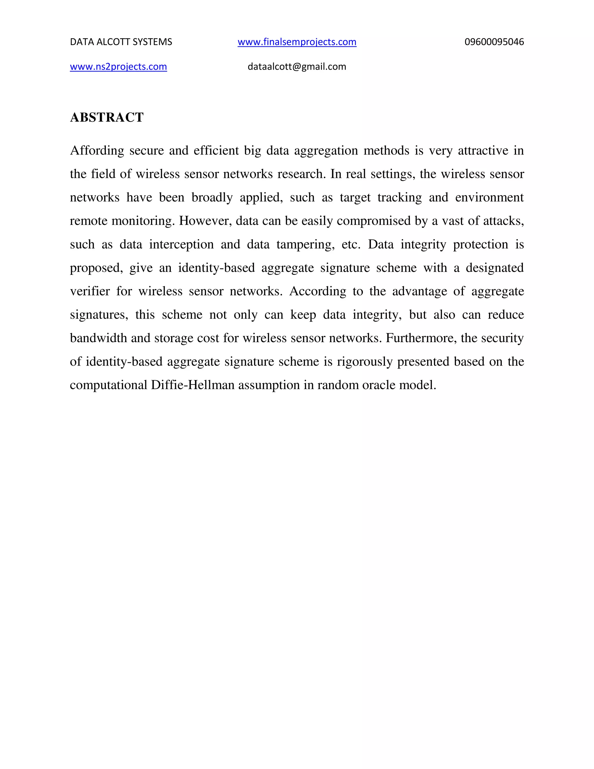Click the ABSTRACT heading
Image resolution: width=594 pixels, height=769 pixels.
pos(107,117)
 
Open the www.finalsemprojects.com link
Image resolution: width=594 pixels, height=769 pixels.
pos(297,42)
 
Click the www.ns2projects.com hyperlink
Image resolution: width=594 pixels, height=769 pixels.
pos(118,66)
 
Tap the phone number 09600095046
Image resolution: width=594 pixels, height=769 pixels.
pos(494,42)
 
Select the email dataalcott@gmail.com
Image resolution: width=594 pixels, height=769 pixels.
pos(297,66)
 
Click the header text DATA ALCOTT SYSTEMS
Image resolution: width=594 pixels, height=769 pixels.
pos(121,42)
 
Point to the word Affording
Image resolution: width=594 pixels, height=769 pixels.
pos(97,150)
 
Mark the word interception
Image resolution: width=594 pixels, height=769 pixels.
pos(181,244)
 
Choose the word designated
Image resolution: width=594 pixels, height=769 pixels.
pos(495,268)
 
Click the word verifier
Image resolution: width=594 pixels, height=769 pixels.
pos(90,291)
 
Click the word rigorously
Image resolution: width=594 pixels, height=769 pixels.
pos(365,362)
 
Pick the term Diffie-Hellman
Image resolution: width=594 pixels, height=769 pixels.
pos(193,385)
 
